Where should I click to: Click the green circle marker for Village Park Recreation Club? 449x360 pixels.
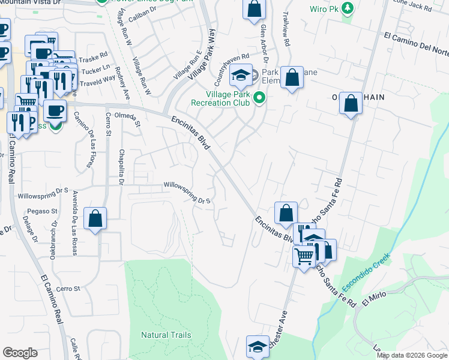coord(259,97)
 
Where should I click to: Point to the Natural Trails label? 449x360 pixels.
coord(166,335)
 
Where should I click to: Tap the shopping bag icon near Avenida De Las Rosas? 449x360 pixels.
coord(95,219)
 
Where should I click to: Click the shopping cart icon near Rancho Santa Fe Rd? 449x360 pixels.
coord(304,256)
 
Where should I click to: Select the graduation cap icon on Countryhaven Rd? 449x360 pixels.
coord(241,75)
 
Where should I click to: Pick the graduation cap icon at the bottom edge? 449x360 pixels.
coord(258,347)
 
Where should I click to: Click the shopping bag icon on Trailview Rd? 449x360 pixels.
coord(291,77)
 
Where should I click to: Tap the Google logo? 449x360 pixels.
coord(20,353)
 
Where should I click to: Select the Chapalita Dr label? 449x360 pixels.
coord(121,168)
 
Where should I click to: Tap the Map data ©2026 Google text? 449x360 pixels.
coord(411,355)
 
